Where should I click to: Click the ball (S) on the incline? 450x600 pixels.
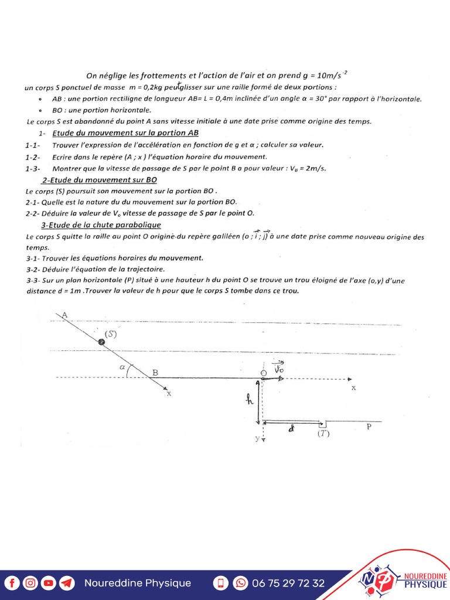(x=101, y=342)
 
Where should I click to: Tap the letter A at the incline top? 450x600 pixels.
(x=64, y=315)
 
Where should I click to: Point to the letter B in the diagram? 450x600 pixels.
(x=155, y=372)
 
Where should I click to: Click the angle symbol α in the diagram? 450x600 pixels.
(x=122, y=367)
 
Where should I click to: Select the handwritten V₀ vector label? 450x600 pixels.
(x=279, y=368)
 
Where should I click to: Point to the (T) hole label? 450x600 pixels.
(x=323, y=434)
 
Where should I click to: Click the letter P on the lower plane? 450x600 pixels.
(x=369, y=427)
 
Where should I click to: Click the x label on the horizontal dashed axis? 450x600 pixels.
(x=353, y=388)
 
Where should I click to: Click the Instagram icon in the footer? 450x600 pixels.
(x=30, y=583)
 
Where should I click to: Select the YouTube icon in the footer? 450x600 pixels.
(x=49, y=583)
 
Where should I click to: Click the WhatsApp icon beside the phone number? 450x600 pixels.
(x=240, y=583)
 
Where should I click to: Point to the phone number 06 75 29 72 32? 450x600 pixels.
(x=288, y=583)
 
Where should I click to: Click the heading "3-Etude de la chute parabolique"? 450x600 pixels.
(x=101, y=225)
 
